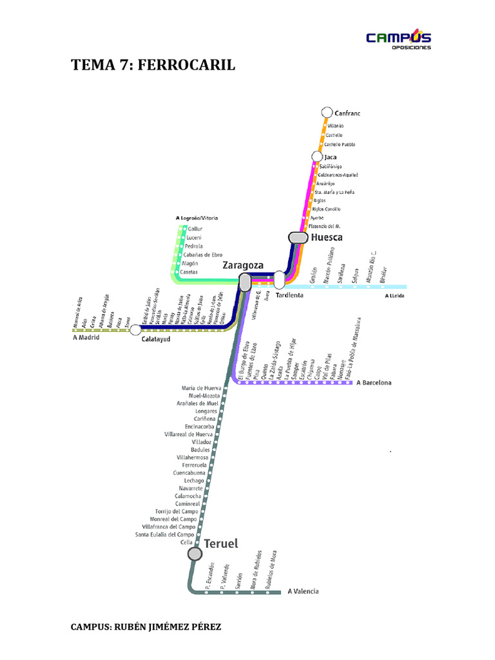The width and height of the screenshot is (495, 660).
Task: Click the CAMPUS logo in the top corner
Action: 398,39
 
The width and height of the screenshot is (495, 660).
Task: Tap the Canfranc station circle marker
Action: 326,113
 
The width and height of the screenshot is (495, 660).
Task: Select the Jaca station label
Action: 331,157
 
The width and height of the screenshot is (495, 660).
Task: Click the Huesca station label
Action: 327,237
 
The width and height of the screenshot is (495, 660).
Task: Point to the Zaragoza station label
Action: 242,265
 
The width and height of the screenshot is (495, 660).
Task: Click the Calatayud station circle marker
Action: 135,329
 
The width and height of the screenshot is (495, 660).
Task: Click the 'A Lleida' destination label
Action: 396,296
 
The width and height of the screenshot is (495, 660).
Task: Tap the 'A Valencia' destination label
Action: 303,591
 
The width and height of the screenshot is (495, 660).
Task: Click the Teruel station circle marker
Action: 195,554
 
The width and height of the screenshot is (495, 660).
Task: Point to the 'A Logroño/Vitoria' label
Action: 197,218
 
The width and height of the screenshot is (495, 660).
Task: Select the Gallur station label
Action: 195,229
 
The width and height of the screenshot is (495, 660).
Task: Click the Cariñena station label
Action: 206,419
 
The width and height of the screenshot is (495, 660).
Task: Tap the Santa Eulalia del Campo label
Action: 164,534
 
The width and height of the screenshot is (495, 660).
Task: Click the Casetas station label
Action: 189,273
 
